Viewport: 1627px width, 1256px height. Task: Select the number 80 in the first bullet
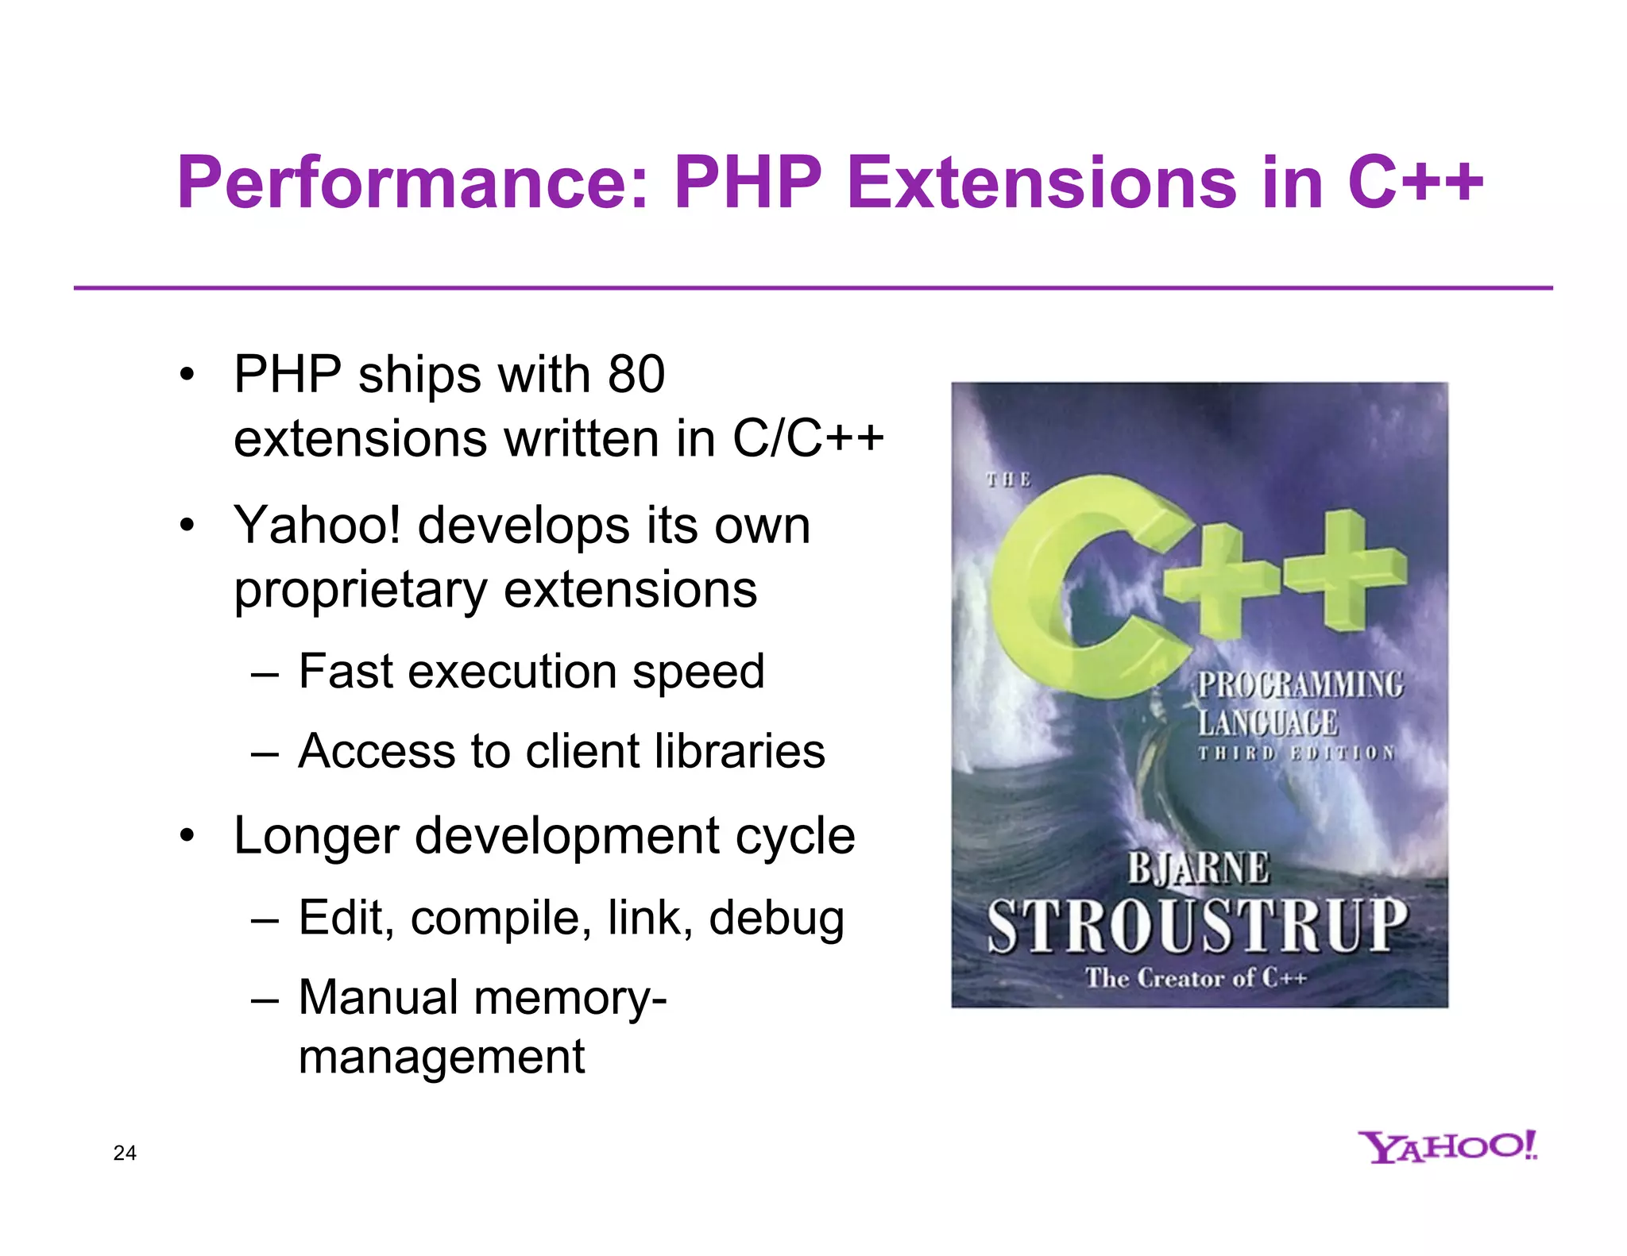point(636,375)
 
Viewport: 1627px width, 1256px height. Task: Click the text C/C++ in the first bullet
point(807,438)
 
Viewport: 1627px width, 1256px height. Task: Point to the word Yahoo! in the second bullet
point(318,526)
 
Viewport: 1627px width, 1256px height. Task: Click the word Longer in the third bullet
point(316,837)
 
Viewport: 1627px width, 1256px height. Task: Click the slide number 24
point(125,1153)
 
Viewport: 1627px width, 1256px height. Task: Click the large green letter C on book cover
point(1065,588)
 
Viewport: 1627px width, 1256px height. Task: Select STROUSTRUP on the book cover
point(1198,925)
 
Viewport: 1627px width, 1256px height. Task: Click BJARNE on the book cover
point(1198,868)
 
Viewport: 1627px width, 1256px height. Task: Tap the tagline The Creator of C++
point(1196,978)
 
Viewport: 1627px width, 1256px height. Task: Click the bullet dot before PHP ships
point(187,375)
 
